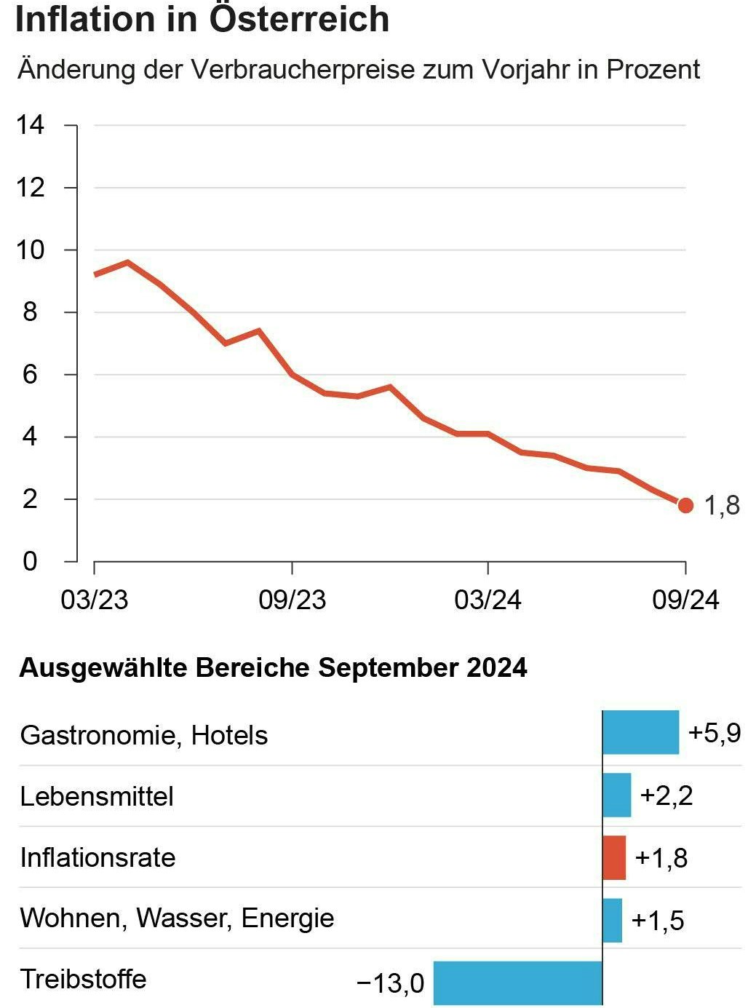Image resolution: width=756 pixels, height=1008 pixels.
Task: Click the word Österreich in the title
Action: click(299, 19)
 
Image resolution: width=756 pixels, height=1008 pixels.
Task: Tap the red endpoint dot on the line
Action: click(685, 505)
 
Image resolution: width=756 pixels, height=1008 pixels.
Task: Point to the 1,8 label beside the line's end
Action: click(722, 505)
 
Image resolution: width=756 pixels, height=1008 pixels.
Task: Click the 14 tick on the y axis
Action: click(30, 125)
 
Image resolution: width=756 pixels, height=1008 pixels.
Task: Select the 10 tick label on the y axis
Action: click(30, 250)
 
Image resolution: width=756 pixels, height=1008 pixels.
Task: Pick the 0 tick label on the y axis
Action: click(30, 561)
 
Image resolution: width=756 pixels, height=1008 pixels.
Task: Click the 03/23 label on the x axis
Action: click(95, 600)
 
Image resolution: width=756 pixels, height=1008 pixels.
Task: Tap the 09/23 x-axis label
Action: click(293, 600)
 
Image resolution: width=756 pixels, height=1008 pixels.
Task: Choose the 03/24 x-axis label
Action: click(488, 600)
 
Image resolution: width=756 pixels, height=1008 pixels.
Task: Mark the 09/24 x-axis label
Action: click(685, 600)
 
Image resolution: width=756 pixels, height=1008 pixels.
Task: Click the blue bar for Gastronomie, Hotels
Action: click(640, 733)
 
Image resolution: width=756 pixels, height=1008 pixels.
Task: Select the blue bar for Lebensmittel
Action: click(616, 795)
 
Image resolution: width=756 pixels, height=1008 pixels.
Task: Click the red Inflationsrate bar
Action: click(614, 857)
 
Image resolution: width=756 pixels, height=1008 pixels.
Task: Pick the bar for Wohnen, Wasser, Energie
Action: click(612, 920)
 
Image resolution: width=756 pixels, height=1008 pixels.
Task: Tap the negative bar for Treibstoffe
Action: click(518, 983)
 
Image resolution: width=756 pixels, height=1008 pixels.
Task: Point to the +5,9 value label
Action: click(715, 733)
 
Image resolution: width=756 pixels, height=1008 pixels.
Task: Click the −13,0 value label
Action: click(391, 983)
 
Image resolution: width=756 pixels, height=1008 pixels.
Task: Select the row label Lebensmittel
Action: click(97, 796)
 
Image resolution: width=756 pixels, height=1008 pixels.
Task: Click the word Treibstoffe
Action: click(84, 979)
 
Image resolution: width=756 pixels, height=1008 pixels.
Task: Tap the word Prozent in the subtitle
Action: click(653, 69)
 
